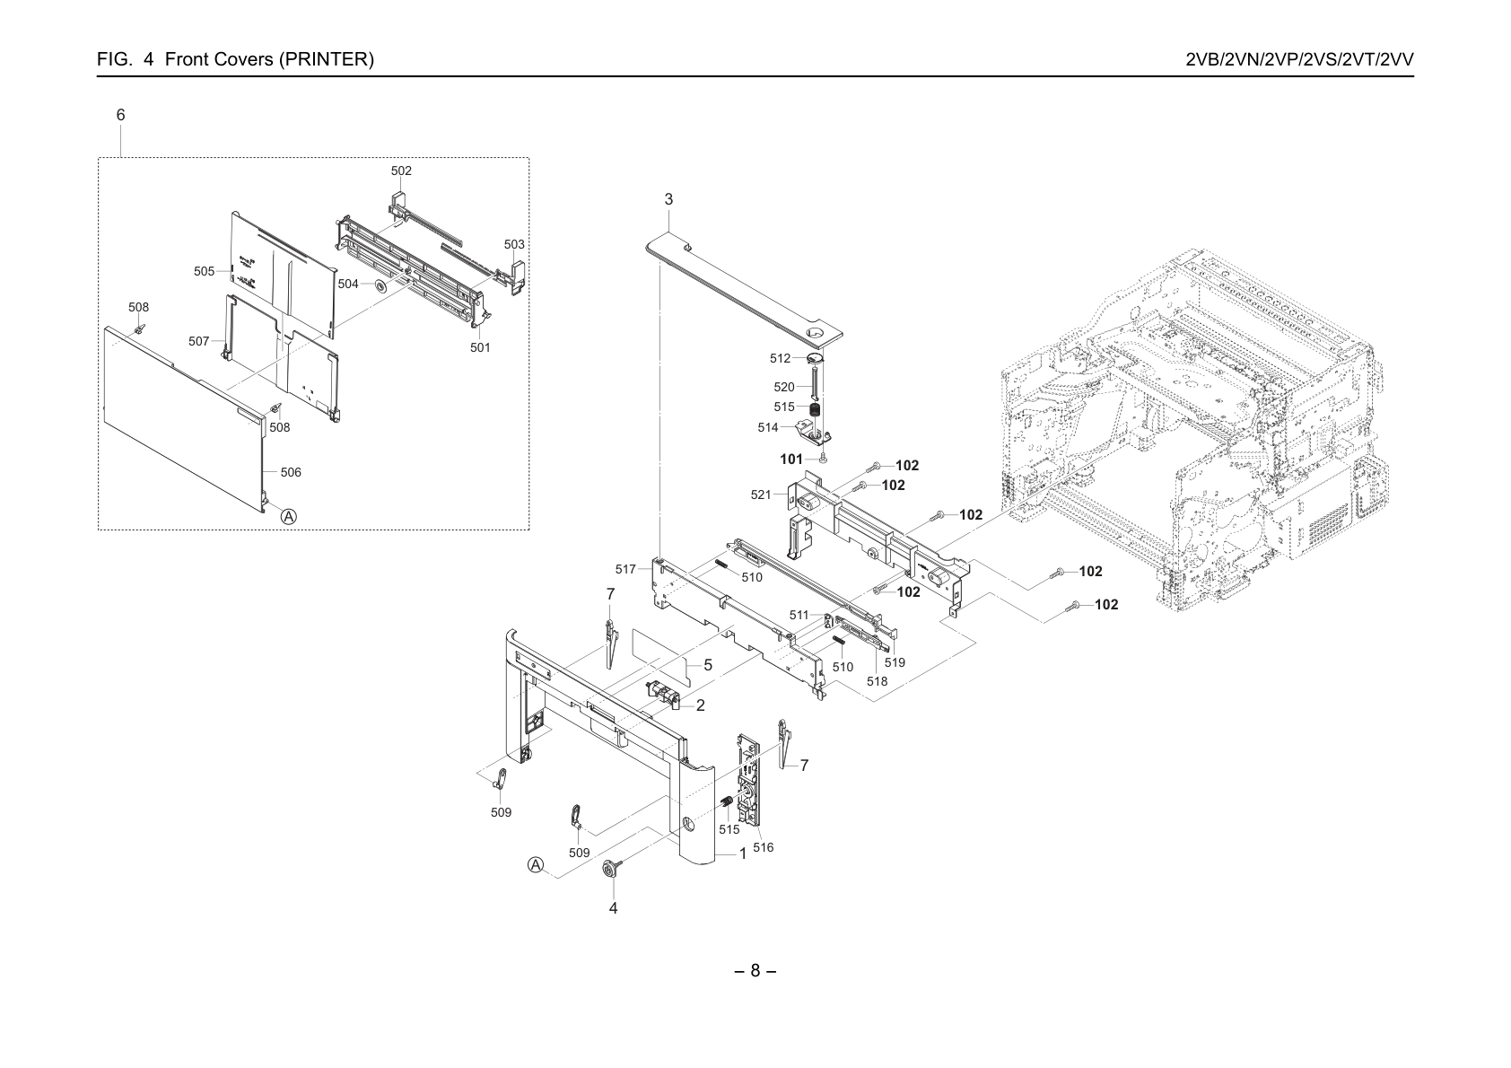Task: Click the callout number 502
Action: click(401, 171)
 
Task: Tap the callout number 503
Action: click(514, 244)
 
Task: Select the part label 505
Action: click(204, 271)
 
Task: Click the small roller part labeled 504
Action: click(380, 285)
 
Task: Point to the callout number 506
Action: click(291, 472)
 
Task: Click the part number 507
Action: click(198, 341)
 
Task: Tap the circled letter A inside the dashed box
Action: click(289, 517)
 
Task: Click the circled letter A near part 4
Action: click(536, 865)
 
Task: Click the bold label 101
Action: click(791, 460)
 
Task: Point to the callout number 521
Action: click(761, 495)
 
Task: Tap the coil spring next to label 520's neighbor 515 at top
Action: click(816, 409)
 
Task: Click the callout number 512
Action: click(780, 358)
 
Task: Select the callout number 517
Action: click(625, 569)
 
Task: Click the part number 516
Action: click(763, 847)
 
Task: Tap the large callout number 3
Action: click(668, 199)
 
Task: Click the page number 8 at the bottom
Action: click(755, 970)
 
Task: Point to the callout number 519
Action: click(895, 662)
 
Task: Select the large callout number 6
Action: click(121, 115)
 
